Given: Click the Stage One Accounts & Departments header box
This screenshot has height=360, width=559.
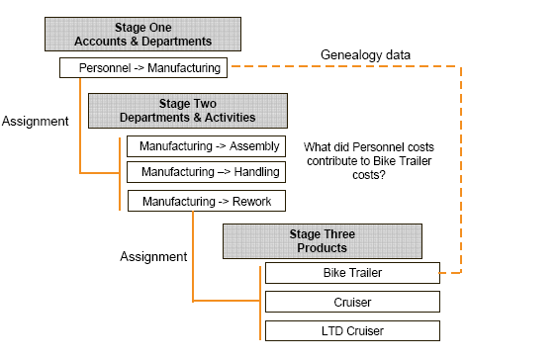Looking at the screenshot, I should coord(143,34).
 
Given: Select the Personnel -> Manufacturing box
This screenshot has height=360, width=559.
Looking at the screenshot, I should coord(143,67).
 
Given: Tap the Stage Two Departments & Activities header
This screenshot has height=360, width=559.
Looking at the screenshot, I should coord(187,110).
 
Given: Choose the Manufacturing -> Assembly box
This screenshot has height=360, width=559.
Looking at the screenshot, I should coord(206,146).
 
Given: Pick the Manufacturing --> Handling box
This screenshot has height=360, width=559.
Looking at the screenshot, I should coord(206,172).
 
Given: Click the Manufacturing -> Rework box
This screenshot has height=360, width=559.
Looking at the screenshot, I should coord(206,202).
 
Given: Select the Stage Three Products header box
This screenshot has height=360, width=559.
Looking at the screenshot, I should coord(322,240).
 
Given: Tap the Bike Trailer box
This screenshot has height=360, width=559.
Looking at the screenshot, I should coord(351,272).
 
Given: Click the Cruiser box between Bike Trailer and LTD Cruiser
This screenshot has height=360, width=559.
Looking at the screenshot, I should coord(351,301).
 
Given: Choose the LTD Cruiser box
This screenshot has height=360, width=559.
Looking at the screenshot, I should coord(351,329).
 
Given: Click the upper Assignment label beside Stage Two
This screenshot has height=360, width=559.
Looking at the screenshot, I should coord(35,122).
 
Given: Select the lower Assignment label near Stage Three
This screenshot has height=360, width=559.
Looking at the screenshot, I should coord(153,256).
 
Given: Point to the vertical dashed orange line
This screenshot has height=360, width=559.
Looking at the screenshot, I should coord(462,168).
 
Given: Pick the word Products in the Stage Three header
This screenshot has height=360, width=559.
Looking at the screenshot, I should coord(322,247).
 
